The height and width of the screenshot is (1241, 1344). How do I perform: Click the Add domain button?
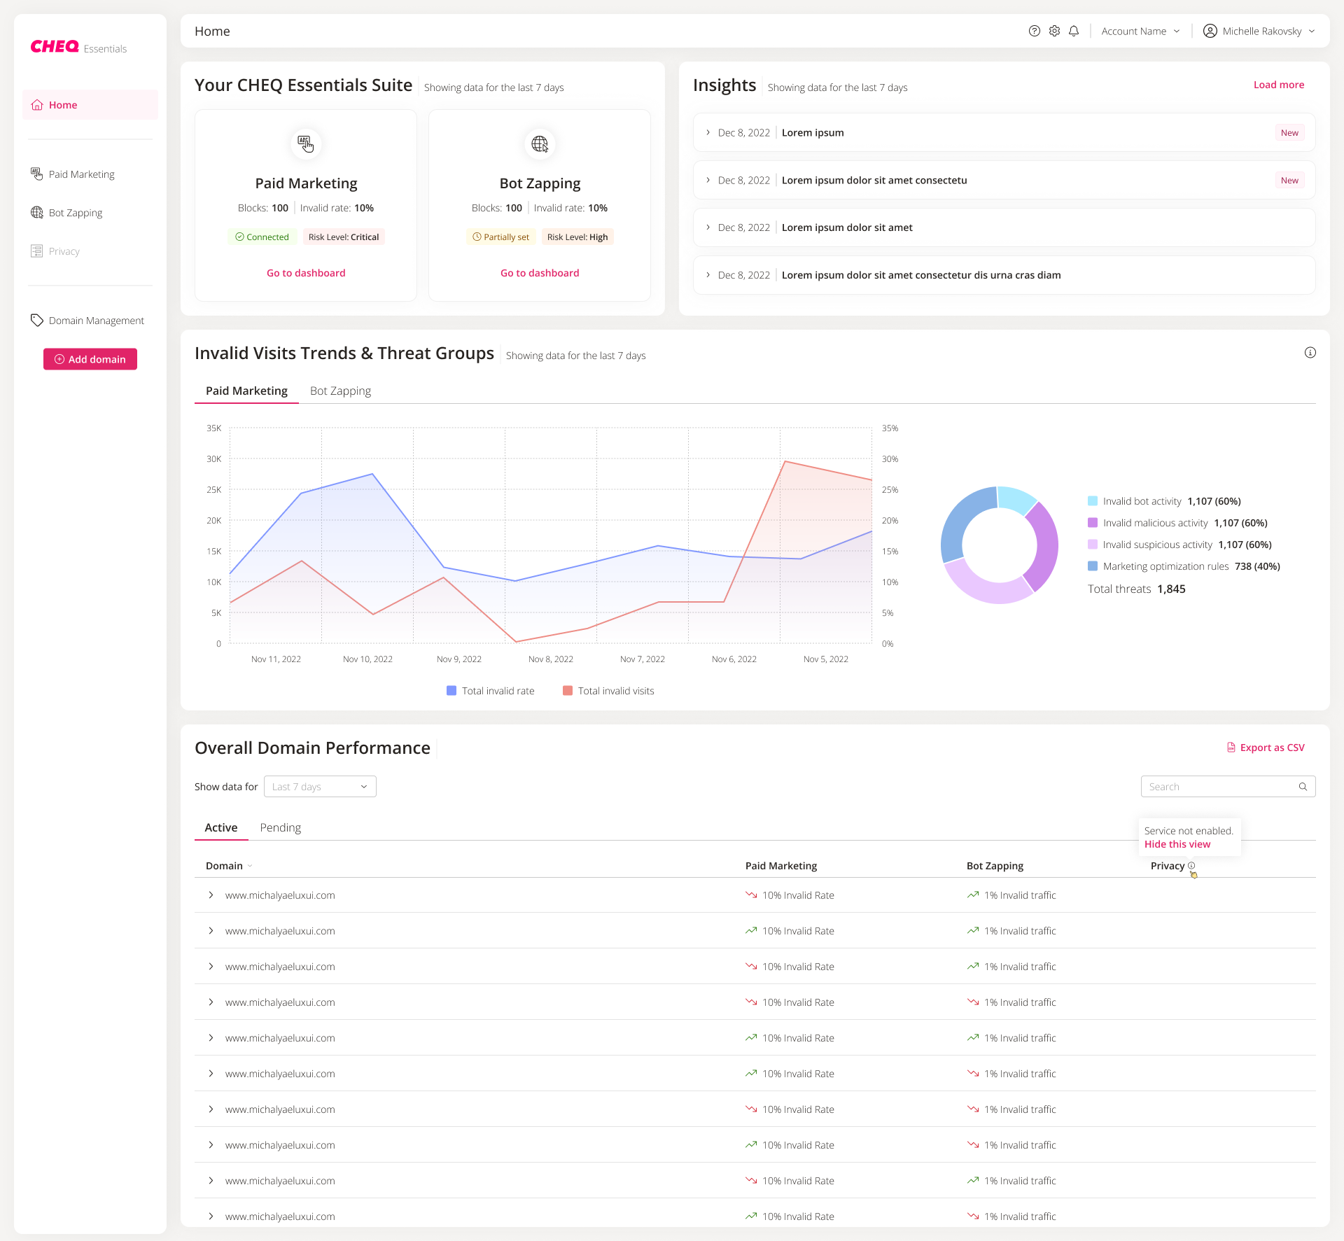(x=90, y=359)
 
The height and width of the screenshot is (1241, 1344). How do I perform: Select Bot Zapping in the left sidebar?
(x=75, y=213)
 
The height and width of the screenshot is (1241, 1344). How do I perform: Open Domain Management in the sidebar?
(x=96, y=321)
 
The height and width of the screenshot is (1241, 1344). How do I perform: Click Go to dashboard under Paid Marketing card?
(x=306, y=273)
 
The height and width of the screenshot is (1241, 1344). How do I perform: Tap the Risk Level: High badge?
(x=577, y=237)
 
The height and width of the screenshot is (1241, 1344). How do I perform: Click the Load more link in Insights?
(x=1278, y=85)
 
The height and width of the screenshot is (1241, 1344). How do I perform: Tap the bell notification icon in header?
(x=1074, y=31)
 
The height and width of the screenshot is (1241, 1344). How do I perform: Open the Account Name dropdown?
(x=1140, y=31)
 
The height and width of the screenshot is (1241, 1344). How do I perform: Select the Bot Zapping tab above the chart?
(x=340, y=391)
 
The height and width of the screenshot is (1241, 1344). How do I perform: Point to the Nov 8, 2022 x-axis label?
(x=550, y=659)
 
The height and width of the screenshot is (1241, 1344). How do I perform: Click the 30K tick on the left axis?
(x=213, y=459)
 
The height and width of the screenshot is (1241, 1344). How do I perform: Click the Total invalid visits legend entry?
(x=608, y=691)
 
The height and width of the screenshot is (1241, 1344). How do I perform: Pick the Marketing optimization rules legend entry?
(x=1165, y=566)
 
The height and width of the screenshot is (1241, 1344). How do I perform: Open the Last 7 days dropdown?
(x=320, y=787)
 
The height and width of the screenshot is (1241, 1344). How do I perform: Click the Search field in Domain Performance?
(x=1221, y=787)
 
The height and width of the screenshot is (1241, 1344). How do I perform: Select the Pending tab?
(x=280, y=827)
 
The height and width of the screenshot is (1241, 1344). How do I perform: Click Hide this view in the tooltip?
(x=1177, y=844)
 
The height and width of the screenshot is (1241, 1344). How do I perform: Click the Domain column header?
(x=225, y=866)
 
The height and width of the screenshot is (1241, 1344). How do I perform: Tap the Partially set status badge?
(x=500, y=237)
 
